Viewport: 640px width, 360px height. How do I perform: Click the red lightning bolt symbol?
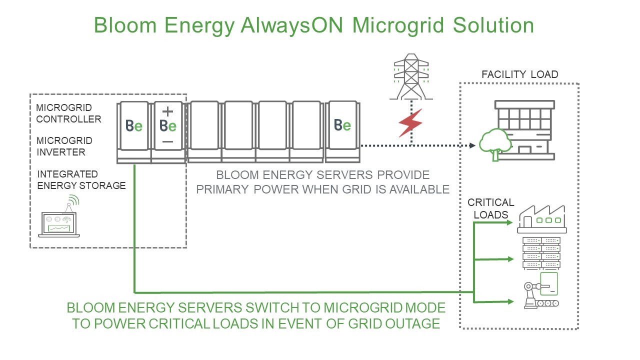point(410,122)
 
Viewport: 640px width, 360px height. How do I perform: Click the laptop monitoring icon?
point(59,224)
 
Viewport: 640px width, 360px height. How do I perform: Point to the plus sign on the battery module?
point(168,111)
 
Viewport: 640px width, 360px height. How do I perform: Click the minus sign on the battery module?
point(168,142)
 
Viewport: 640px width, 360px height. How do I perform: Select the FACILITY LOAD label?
point(519,75)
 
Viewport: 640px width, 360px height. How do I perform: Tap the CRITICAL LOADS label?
point(490,208)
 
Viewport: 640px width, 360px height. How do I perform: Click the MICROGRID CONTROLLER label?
point(68,113)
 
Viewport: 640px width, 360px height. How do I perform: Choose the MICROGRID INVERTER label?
point(64,146)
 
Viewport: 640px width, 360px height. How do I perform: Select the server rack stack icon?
point(541,252)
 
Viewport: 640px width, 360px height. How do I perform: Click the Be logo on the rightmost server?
point(342,125)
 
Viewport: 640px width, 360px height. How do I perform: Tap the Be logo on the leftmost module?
point(133,126)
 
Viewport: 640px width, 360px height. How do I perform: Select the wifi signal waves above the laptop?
point(73,200)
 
